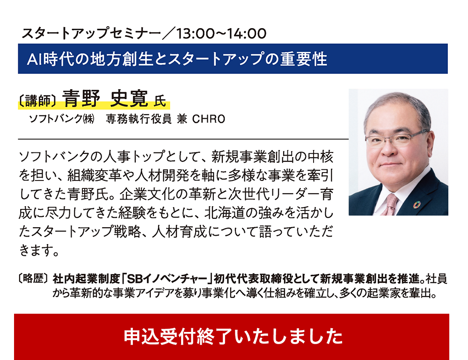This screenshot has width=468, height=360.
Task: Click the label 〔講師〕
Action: point(37,101)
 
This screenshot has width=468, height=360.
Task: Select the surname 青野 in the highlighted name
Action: point(81,98)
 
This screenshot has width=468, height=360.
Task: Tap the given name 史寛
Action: point(129,98)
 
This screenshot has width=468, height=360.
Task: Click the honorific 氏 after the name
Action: point(160,101)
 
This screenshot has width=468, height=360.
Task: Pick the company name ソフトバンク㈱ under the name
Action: point(61,119)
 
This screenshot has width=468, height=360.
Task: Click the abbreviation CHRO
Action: point(209,119)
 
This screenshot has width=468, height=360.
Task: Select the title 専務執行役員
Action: point(139,119)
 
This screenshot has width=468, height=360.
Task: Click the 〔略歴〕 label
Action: point(33,279)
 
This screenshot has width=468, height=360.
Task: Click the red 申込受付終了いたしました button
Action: point(232,337)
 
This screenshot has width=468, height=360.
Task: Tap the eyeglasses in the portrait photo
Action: point(397,138)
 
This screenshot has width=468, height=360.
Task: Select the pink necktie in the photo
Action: point(390,204)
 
